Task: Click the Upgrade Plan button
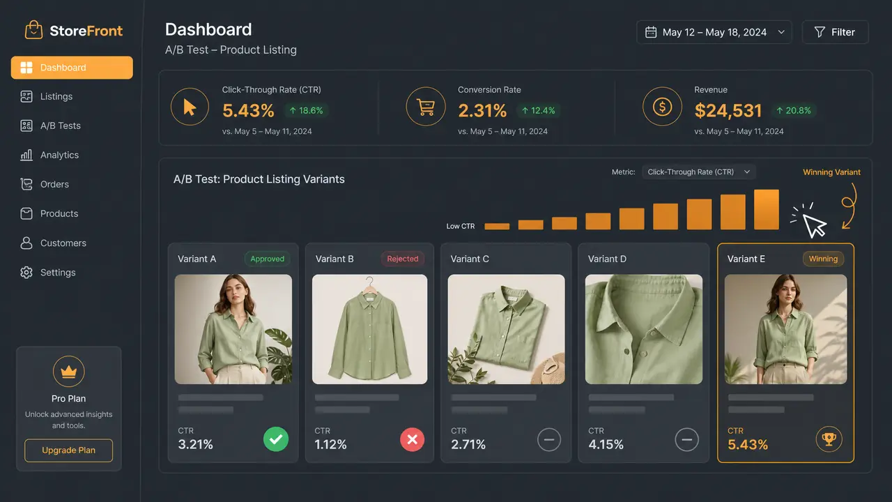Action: pyautogui.click(x=68, y=450)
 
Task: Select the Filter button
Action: pyautogui.click(x=835, y=32)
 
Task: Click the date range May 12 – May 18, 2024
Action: pyautogui.click(x=714, y=32)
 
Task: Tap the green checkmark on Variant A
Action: pyautogui.click(x=276, y=439)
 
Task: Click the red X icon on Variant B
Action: pyautogui.click(x=412, y=439)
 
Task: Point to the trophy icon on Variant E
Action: pyautogui.click(x=829, y=439)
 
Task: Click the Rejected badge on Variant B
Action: pyautogui.click(x=403, y=259)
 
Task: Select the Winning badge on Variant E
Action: pyautogui.click(x=823, y=259)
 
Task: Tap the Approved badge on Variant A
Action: pyautogui.click(x=267, y=259)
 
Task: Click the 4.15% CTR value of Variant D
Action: pyautogui.click(x=606, y=444)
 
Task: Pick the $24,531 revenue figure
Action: pyautogui.click(x=728, y=110)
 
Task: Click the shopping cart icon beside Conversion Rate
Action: pyautogui.click(x=426, y=107)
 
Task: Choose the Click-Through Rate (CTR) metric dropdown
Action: pyautogui.click(x=699, y=172)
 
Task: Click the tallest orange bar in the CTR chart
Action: pyautogui.click(x=766, y=210)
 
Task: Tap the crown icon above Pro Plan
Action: pyautogui.click(x=68, y=372)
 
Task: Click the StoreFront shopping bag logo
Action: pyautogui.click(x=33, y=30)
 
